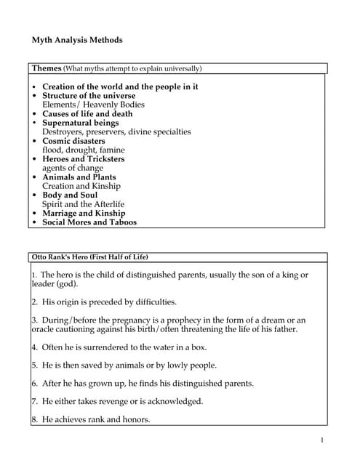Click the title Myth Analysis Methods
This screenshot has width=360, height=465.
click(77, 39)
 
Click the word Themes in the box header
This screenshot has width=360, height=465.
click(47, 68)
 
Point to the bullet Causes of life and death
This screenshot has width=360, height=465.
click(87, 114)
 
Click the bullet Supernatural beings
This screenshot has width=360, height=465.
click(80, 123)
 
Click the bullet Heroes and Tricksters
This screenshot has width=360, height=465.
click(83, 159)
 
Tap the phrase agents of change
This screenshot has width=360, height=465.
click(73, 168)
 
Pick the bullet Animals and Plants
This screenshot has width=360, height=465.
click(79, 177)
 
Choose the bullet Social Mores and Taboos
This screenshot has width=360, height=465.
click(89, 222)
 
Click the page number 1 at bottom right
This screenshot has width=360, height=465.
click(321, 440)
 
